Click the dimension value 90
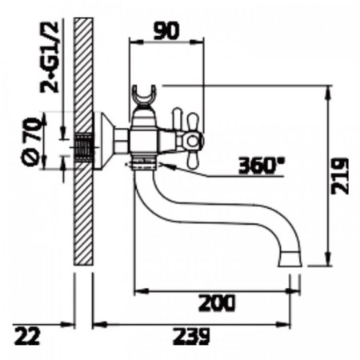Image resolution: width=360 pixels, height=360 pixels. (x=166, y=30)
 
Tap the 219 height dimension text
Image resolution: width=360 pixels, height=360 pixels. (x=340, y=176)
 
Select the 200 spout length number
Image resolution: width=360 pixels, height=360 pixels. (x=217, y=303)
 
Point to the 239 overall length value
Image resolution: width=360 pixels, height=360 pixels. (x=191, y=336)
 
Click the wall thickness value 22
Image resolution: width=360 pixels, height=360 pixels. (x=27, y=336)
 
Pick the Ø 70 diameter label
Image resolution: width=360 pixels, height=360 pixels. (x=32, y=142)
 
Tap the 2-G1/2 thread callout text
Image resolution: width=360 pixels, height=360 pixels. (x=50, y=57)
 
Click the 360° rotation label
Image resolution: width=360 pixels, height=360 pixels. (x=261, y=166)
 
